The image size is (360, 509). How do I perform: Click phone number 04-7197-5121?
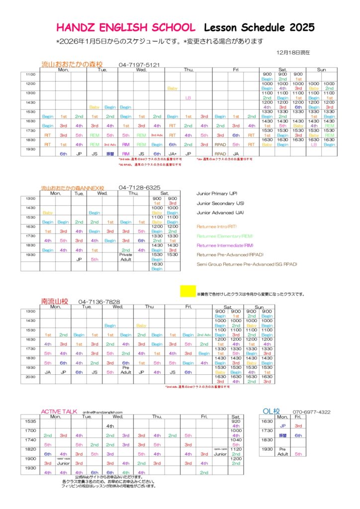[139, 65]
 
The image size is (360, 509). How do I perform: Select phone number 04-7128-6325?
[139, 187]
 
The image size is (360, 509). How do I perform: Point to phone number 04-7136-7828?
[99, 302]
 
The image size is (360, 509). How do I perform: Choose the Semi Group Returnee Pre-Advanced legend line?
[247, 264]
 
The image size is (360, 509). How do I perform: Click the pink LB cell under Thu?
[188, 98]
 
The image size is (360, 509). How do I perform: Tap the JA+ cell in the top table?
[173, 154]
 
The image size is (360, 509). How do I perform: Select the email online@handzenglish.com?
[102, 413]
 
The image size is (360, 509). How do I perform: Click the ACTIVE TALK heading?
[59, 412]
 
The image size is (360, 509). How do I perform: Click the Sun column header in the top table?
[321, 70]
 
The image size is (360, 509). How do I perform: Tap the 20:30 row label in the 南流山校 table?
[30, 377]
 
